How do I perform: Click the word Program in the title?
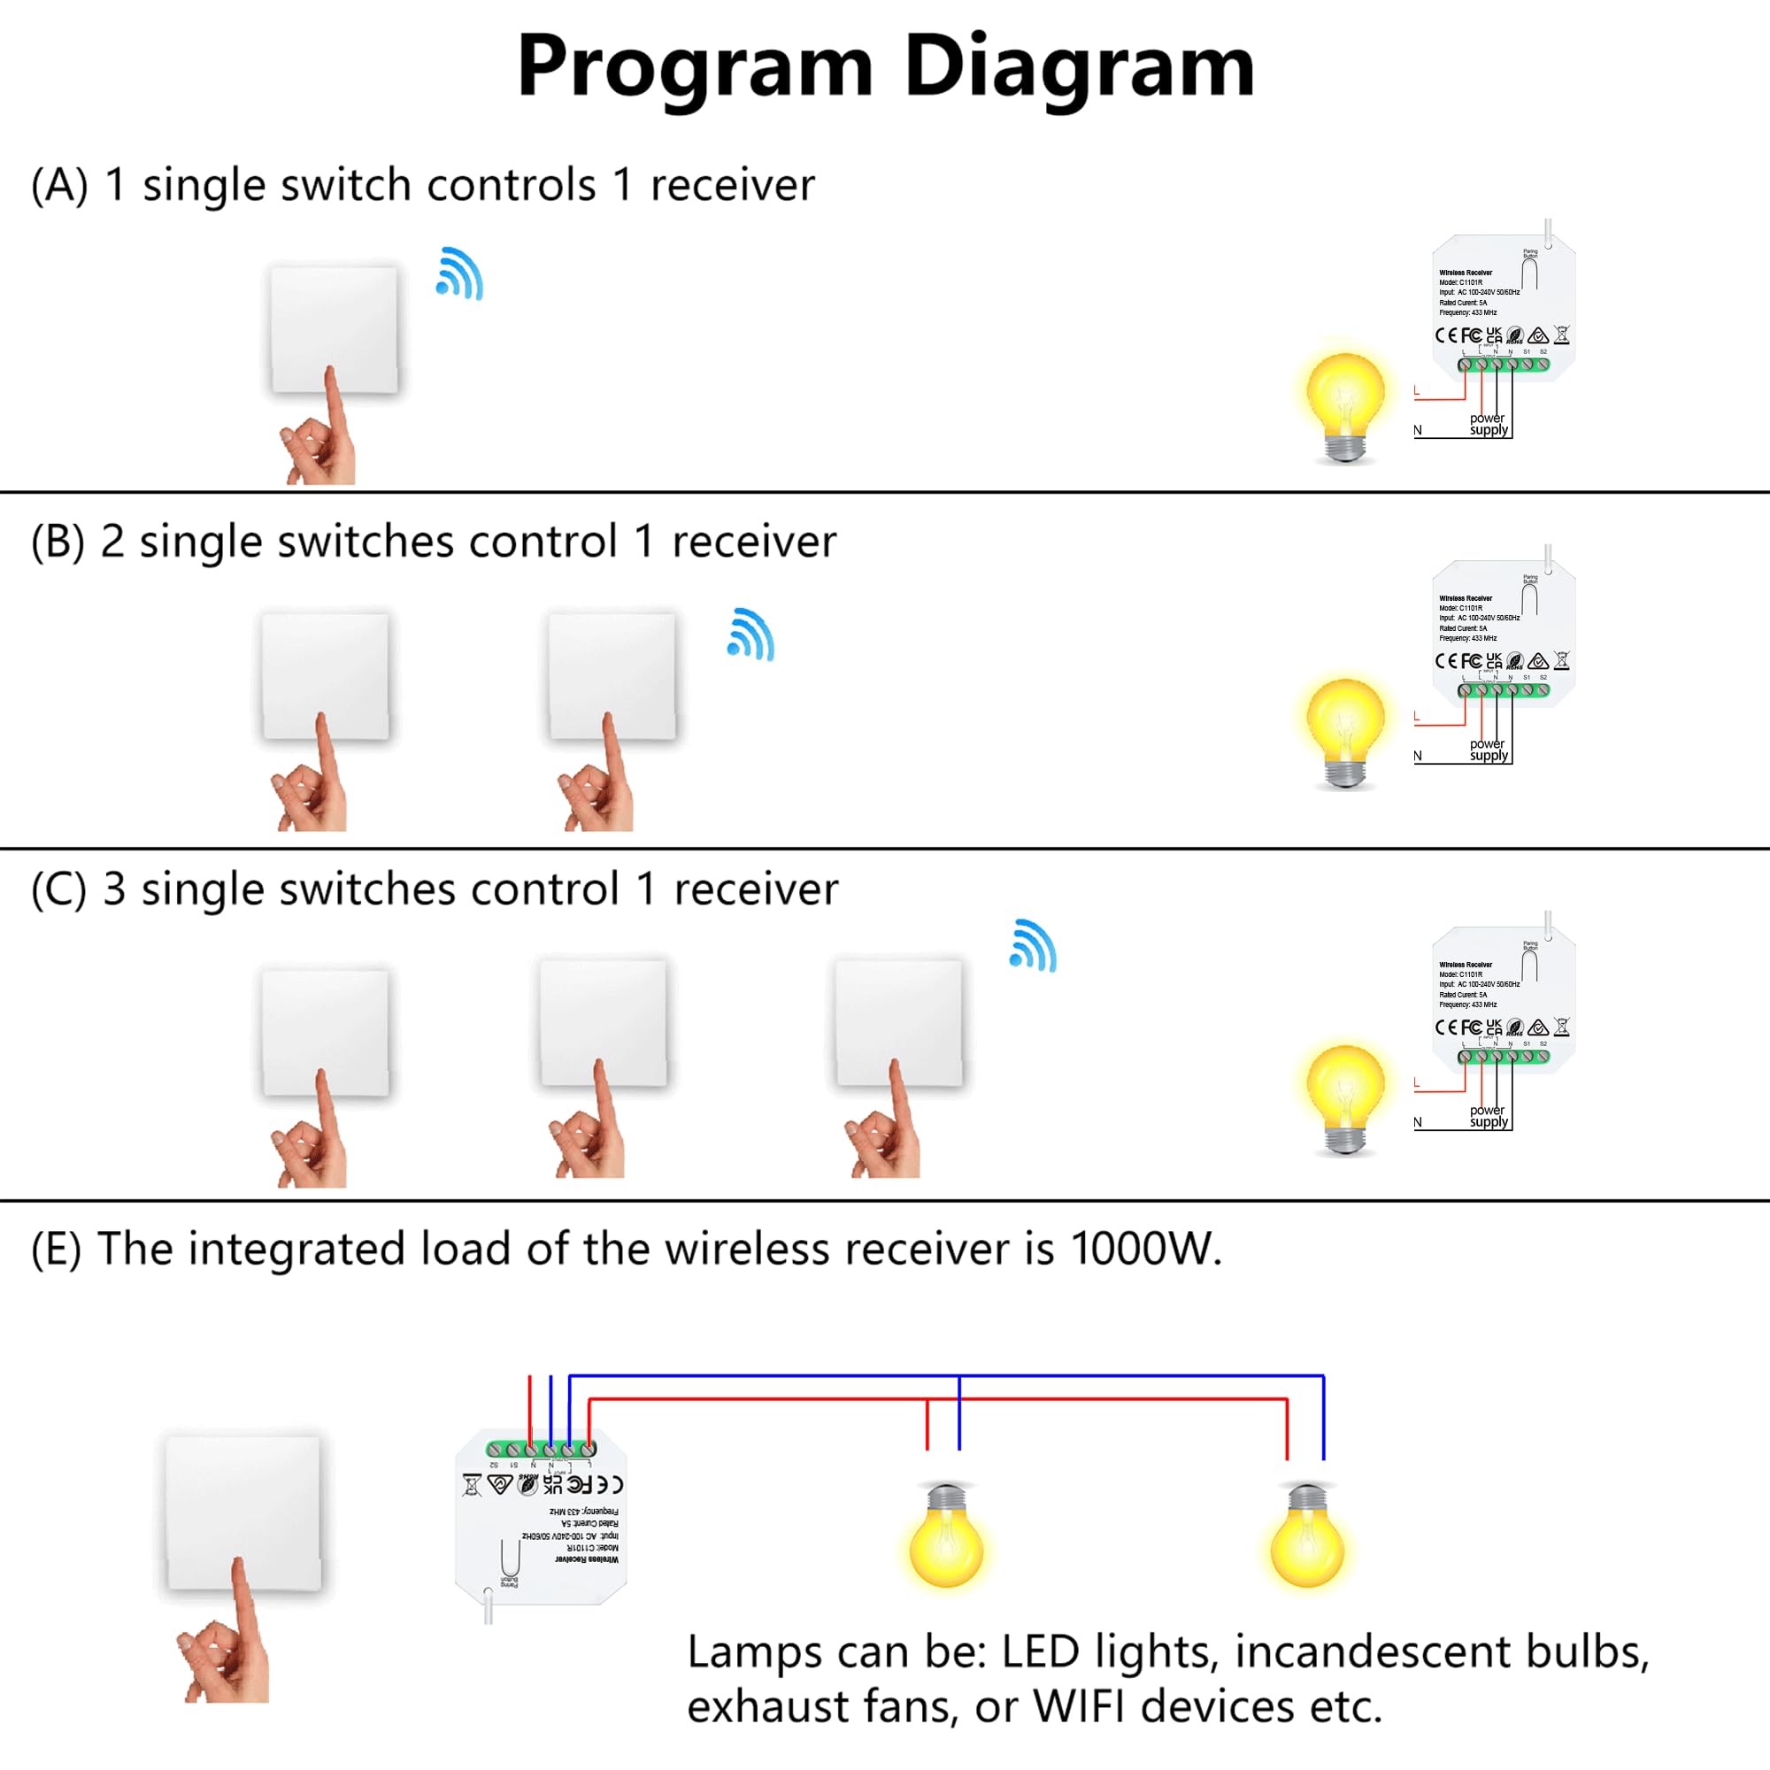point(696,66)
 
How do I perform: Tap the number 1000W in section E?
point(1144,1249)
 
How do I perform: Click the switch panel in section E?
point(243,1512)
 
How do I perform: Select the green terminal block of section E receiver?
point(542,1450)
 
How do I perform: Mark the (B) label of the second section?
point(58,542)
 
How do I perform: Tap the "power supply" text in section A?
point(1488,424)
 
